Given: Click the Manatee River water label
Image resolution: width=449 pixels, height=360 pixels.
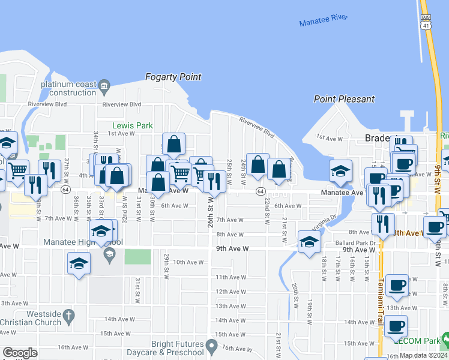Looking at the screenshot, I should pyautogui.click(x=324, y=20).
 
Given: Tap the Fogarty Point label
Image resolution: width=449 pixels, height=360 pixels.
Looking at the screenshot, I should pyautogui.click(x=173, y=77).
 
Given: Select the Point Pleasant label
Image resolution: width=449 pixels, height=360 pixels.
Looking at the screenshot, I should pyautogui.click(x=345, y=99).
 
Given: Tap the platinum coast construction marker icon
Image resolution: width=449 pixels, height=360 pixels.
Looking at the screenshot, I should pyautogui.click(x=104, y=85).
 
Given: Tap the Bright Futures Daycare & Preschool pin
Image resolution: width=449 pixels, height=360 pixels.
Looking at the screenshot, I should pyautogui.click(x=211, y=346).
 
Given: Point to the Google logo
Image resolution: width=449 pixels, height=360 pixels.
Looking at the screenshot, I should pyautogui.click(x=20, y=353).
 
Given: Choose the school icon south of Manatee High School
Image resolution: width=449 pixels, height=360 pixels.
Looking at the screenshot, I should pyautogui.click(x=79, y=263).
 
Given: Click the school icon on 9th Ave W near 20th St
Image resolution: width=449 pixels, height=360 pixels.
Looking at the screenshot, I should pyautogui.click(x=309, y=241).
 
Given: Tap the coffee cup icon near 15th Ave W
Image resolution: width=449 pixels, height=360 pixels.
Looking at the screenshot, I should pyautogui.click(x=396, y=326).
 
